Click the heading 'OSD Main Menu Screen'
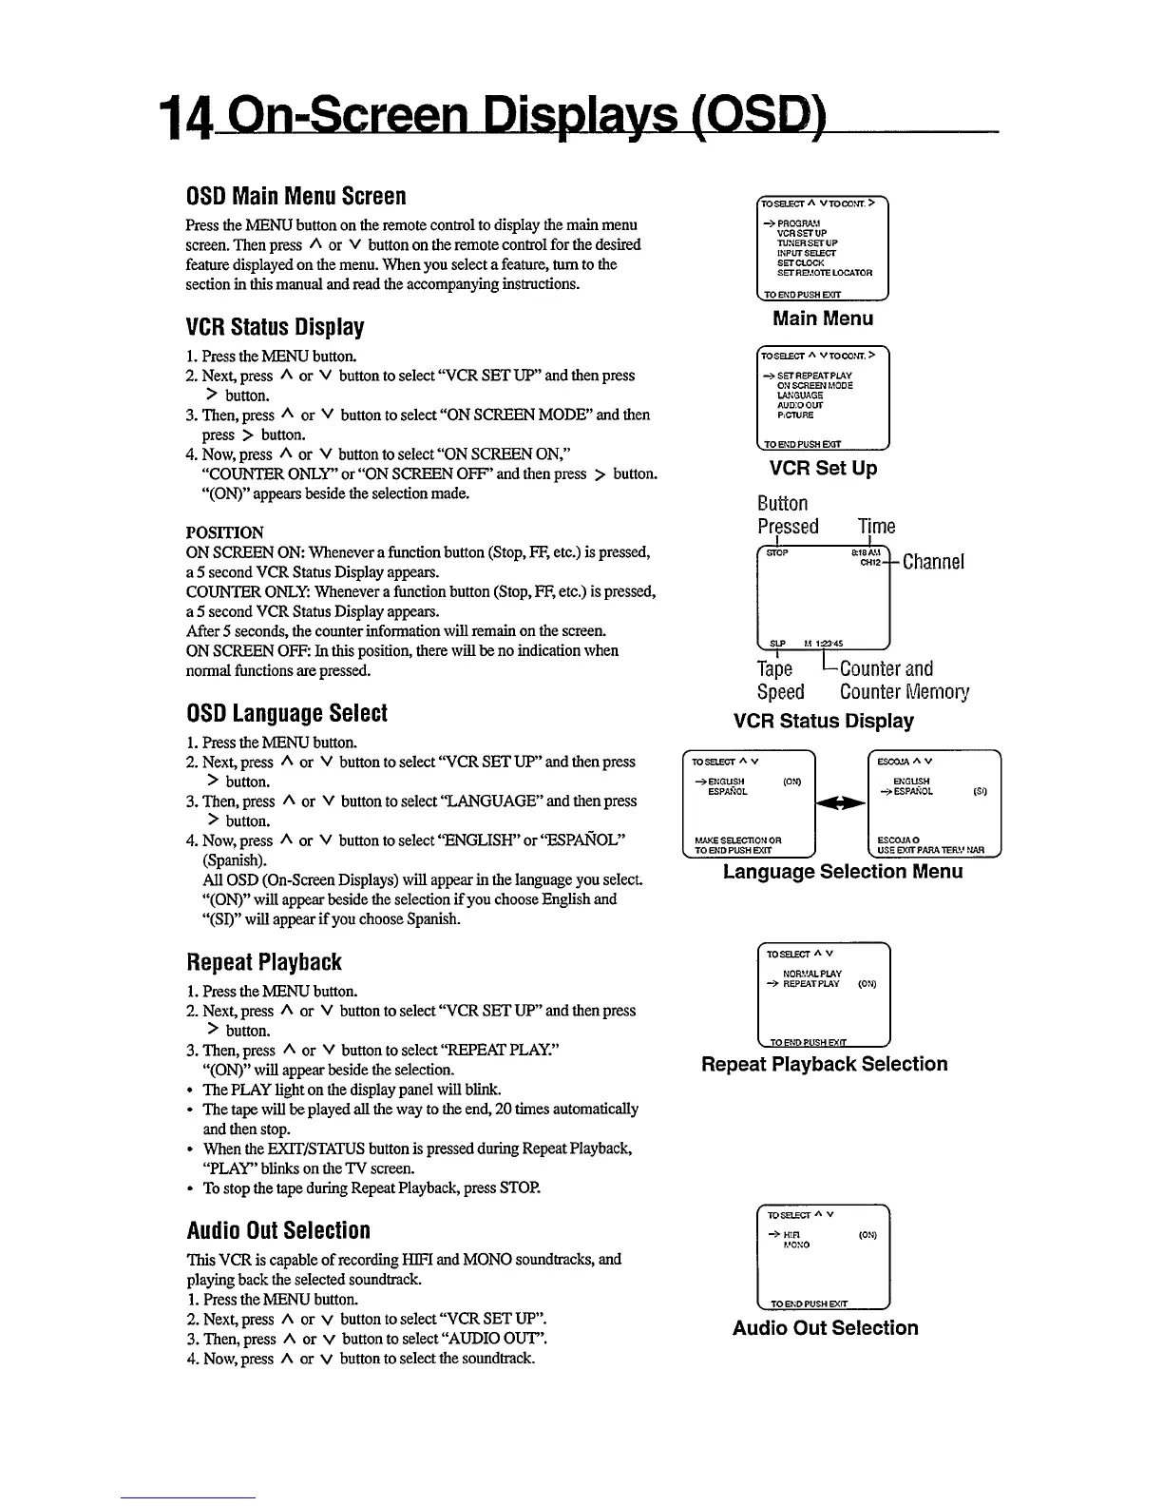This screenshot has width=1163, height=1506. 296,196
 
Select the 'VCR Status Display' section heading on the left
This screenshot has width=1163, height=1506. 275,327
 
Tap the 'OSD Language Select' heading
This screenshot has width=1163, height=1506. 286,713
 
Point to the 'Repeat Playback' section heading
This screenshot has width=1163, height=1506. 263,962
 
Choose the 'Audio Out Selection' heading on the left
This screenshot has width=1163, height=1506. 278,1230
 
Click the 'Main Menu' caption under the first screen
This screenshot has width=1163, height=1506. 823,319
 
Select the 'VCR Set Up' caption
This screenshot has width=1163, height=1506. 823,468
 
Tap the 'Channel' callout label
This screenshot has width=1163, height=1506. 933,562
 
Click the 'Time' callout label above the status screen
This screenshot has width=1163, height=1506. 876,527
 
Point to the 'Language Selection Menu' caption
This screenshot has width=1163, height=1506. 843,871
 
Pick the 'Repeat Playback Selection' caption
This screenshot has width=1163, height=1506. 824,1064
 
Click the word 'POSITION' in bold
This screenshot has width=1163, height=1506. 225,532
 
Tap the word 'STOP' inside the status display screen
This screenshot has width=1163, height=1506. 777,552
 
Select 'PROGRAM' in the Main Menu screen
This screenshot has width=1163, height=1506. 797,224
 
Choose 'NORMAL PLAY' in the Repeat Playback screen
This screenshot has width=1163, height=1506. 811,974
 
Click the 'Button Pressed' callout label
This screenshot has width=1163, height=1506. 787,514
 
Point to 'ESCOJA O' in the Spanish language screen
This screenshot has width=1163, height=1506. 896,840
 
